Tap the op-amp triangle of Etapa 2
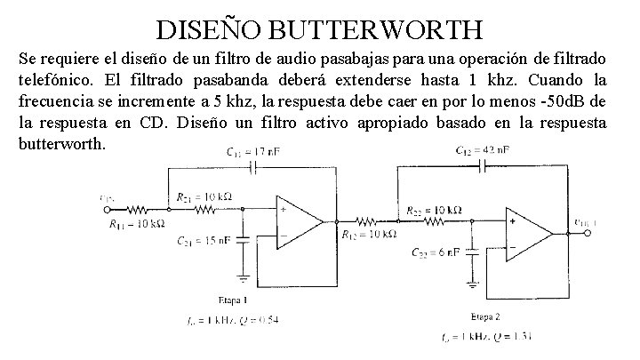click(528, 234)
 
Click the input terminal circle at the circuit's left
click(108, 211)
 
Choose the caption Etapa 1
click(230, 300)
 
